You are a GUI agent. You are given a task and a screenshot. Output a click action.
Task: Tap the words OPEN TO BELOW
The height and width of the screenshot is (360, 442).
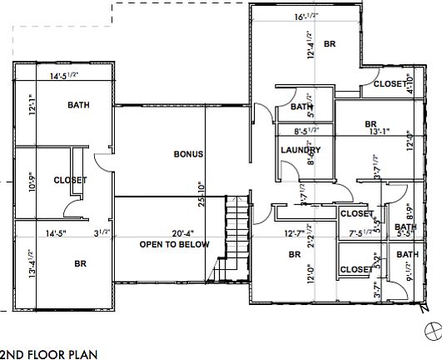point(175,244)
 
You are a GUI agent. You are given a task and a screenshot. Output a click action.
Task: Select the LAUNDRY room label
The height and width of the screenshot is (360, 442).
point(300,150)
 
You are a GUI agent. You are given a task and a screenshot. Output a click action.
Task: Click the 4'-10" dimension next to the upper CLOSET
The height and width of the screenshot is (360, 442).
point(408,83)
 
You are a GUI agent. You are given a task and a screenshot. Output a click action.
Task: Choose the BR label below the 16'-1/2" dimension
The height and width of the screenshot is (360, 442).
point(329,44)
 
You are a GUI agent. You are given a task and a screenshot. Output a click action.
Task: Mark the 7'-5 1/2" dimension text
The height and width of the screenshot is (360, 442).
point(364,233)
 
